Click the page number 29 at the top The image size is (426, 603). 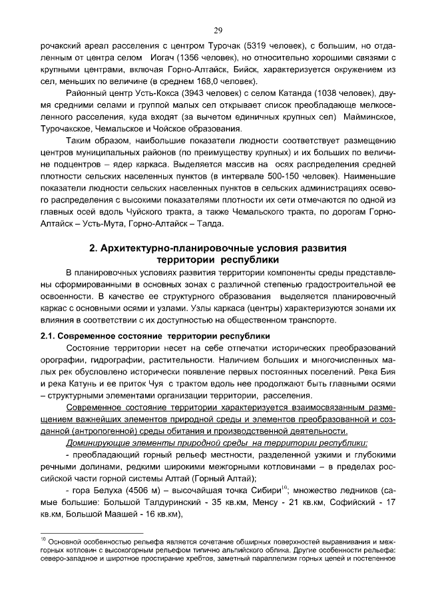point(218,30)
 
